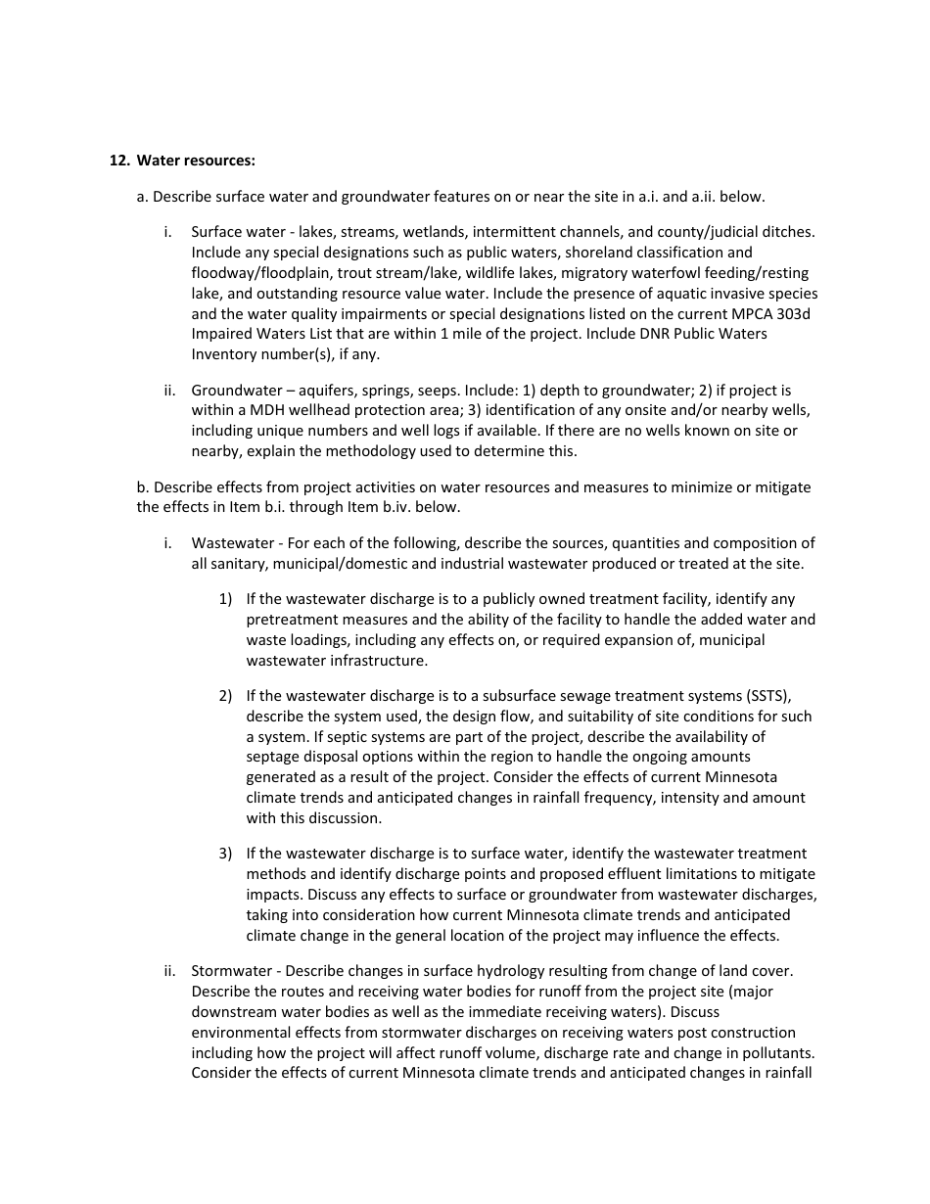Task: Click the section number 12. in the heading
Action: click(118, 161)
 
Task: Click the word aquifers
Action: click(319, 390)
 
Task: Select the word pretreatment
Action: click(289, 620)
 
